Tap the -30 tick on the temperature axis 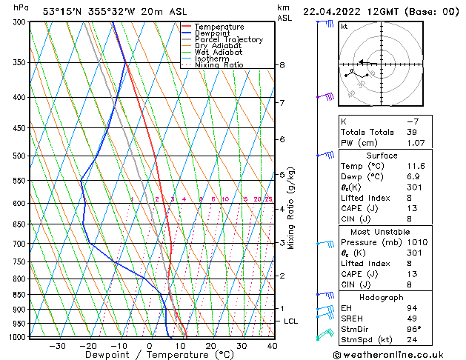(x=57, y=345)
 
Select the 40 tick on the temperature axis (x=272, y=345)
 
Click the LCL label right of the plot (x=290, y=321)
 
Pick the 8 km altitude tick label (x=282, y=65)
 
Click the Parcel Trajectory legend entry (x=228, y=39)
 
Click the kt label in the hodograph (x=344, y=26)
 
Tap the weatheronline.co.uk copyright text (x=399, y=353)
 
